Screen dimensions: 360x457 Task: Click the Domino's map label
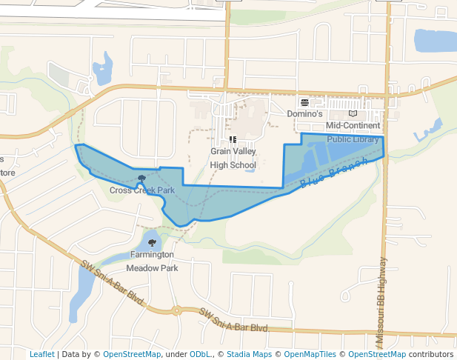coord(305,115)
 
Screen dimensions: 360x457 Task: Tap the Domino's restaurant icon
coord(304,102)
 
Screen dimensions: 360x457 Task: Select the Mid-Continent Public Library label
coord(353,132)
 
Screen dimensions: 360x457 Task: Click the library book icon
coord(353,114)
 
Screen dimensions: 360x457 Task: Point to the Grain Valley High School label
coord(233,158)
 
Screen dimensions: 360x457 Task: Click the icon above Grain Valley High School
coord(233,139)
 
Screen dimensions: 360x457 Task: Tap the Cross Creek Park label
coord(142,190)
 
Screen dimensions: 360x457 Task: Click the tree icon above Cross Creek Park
coord(141,178)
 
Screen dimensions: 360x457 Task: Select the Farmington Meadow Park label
coord(152,261)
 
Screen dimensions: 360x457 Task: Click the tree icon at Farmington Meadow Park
coord(152,242)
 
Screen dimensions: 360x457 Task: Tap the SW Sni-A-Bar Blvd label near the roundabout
coord(233,321)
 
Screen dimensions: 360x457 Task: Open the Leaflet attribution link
coord(41,354)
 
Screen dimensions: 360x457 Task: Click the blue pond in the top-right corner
coord(435,40)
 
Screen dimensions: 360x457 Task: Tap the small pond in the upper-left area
coord(103,70)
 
